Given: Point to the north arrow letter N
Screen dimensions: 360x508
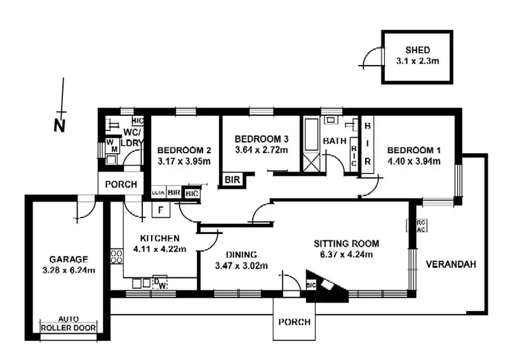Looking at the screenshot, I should pos(59,125).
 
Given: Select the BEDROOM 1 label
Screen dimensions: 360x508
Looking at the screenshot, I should pos(413,150).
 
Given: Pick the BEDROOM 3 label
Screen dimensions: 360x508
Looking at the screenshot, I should pos(261,140).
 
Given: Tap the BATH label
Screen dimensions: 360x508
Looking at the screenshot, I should pos(335,141).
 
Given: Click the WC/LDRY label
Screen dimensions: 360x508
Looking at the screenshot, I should pos(131,137).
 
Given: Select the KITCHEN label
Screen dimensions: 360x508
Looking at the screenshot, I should pos(159,238).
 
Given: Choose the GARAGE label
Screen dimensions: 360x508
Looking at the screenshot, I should pos(68,259).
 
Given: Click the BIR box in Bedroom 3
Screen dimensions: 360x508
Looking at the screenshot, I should pos(232,180).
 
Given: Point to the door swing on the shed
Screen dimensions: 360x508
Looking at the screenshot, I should pos(371,59).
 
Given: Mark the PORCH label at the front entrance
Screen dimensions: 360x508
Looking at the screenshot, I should pos(294,322).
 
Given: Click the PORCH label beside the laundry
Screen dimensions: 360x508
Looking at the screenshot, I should pos(123,184).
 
